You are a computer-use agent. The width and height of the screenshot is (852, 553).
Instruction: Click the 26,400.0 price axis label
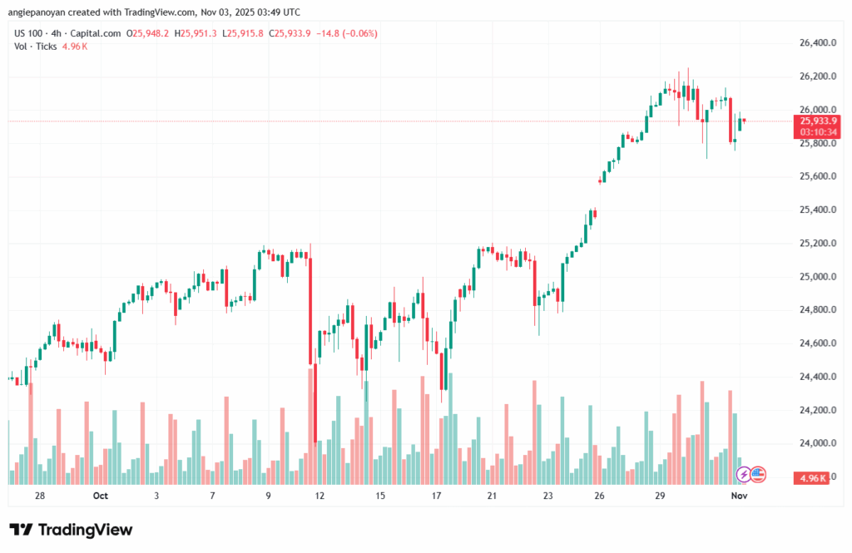[815, 42]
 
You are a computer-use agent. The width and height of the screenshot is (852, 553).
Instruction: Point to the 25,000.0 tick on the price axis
[815, 276]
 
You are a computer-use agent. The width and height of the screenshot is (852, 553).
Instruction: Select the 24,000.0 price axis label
[815, 443]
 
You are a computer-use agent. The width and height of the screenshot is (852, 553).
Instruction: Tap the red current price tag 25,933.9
[817, 121]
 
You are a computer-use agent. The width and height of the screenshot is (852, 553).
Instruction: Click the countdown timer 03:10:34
[817, 131]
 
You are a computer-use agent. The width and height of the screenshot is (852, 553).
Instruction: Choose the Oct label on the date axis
[101, 496]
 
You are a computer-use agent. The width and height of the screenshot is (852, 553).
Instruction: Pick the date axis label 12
[319, 496]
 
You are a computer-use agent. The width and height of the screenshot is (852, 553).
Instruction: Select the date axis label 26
[599, 496]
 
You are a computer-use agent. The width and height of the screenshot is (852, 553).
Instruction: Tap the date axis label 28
[40, 496]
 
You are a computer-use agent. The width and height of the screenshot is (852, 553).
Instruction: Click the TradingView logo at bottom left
[71, 530]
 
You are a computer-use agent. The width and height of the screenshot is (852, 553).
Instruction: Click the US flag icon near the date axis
[758, 475]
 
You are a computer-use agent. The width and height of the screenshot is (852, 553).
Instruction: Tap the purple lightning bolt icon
[744, 475]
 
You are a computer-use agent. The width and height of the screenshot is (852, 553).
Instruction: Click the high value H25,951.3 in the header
[196, 33]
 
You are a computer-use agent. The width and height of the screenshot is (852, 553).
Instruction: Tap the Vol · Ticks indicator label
[34, 46]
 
